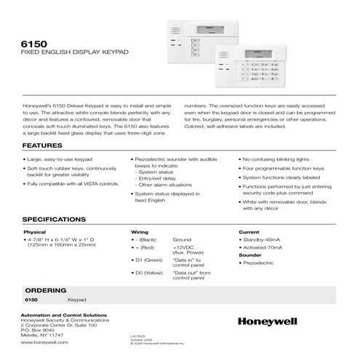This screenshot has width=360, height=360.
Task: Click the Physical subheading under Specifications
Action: [x=35, y=232]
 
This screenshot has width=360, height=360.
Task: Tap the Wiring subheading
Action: [x=140, y=232]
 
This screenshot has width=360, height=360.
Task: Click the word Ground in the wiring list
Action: [x=182, y=239]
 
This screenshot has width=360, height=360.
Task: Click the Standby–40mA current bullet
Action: [x=265, y=239]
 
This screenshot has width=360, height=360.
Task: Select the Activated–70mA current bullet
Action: [x=268, y=248]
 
